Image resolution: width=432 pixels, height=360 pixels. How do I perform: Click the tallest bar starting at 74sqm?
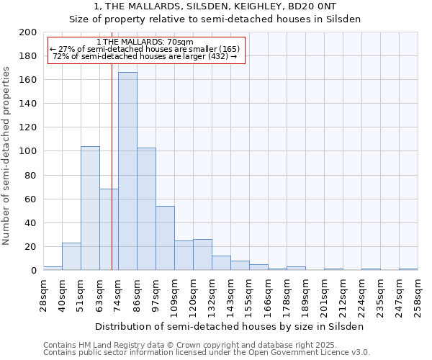click(127, 171)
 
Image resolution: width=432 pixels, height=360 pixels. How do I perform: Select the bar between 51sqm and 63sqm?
click(90, 208)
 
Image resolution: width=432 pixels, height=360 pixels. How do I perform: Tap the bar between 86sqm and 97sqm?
click(146, 209)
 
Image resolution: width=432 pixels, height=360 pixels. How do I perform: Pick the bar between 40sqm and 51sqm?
click(71, 256)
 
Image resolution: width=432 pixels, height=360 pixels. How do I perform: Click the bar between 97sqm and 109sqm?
click(165, 238)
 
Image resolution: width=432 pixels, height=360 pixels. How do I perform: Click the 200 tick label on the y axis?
click(27, 32)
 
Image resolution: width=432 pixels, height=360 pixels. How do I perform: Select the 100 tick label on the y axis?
click(27, 151)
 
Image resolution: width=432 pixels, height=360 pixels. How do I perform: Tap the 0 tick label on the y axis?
click(33, 271)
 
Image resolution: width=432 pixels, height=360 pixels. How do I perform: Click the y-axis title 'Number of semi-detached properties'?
click(7, 156)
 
